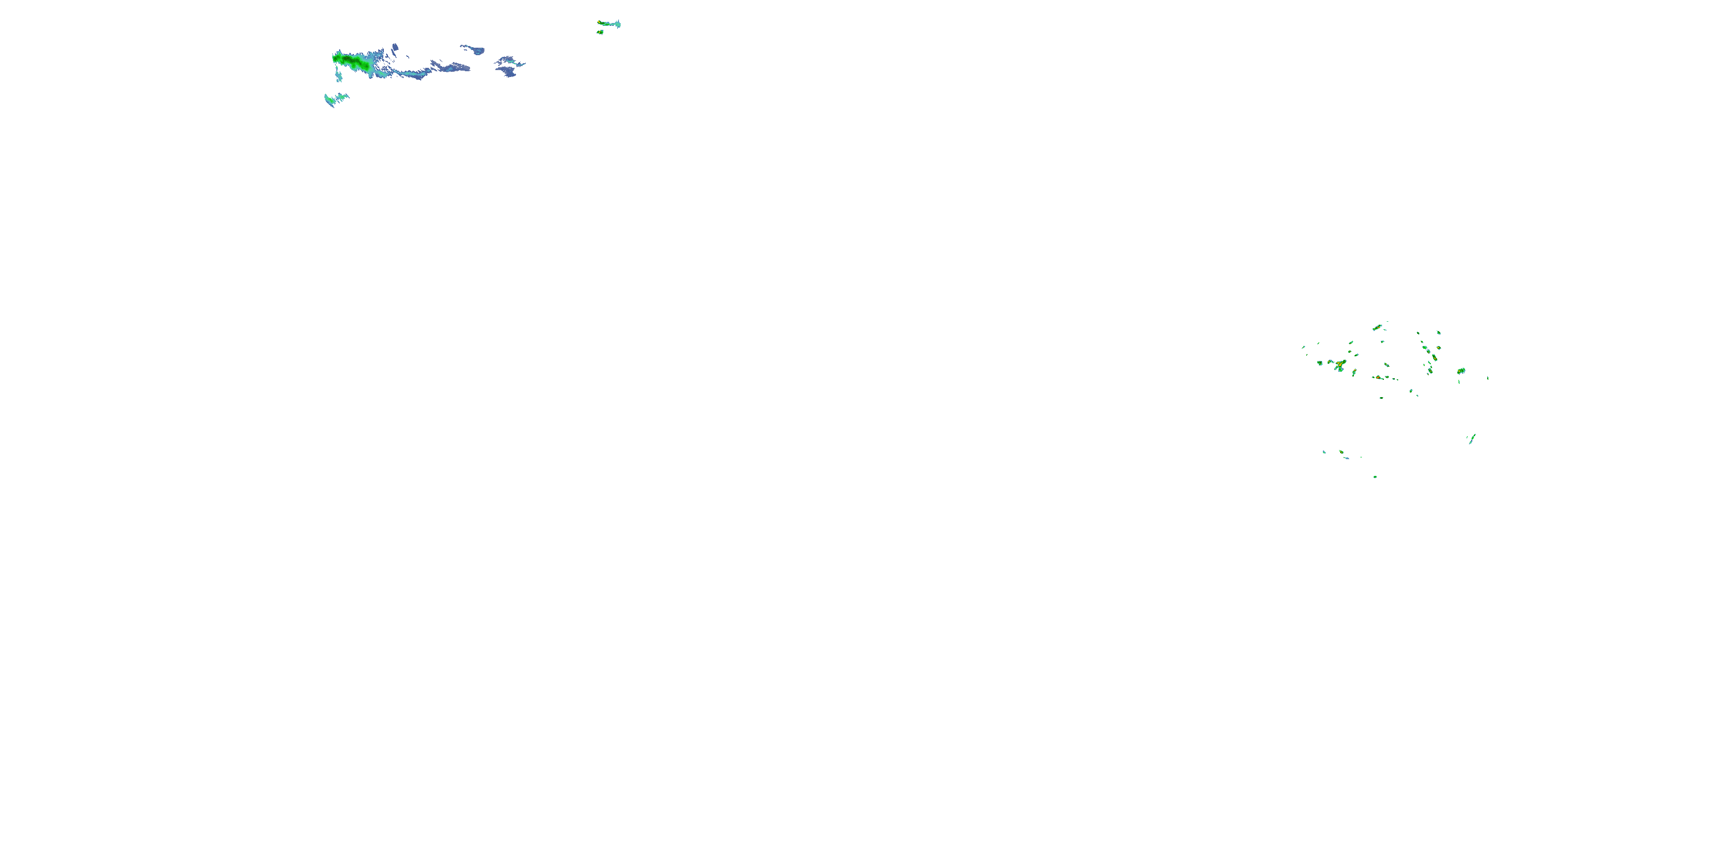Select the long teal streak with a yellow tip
(x=609, y=24)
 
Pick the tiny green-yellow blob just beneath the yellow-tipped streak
(x=601, y=32)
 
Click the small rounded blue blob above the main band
(x=395, y=47)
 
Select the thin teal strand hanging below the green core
(x=338, y=76)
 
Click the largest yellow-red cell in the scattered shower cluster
(x=1340, y=365)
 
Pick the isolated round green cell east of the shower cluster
(x=1461, y=371)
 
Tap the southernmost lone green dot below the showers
(x=1375, y=476)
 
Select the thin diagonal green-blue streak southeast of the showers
(x=1472, y=438)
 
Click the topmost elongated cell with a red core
(x=1377, y=327)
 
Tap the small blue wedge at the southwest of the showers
(x=1325, y=452)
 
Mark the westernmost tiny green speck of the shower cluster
(x=1303, y=347)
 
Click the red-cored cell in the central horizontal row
(x=1379, y=378)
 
